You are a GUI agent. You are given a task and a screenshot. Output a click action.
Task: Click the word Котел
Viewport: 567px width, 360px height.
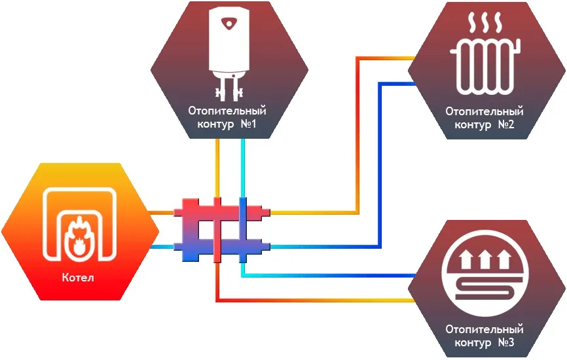79,278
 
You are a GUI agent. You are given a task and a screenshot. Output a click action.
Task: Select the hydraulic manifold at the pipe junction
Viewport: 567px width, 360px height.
221,228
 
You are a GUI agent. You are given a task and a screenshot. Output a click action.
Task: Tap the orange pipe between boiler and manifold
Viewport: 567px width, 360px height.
161,212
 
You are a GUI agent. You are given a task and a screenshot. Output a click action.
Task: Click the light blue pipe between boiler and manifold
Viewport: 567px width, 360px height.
161,246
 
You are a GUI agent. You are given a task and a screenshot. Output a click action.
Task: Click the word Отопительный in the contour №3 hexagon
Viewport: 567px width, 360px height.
484,329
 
